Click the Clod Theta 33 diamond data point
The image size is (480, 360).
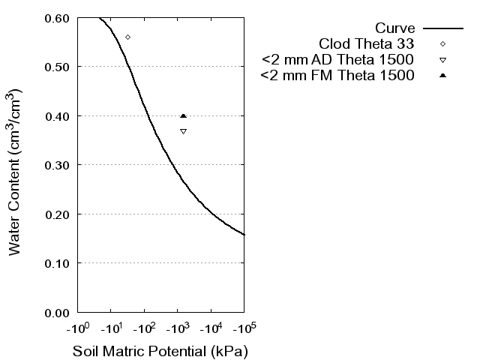pos(127,37)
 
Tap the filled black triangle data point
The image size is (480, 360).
pos(183,115)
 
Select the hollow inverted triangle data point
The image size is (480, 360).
pos(183,131)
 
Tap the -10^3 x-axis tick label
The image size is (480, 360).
pos(177,328)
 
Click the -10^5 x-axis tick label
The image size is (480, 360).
pos(244,328)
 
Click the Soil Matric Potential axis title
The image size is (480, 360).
pos(160,351)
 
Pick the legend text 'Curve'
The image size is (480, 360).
pos(395,28)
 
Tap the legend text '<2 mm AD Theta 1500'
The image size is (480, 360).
pos(338,59)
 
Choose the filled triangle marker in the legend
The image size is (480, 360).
pos(442,76)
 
